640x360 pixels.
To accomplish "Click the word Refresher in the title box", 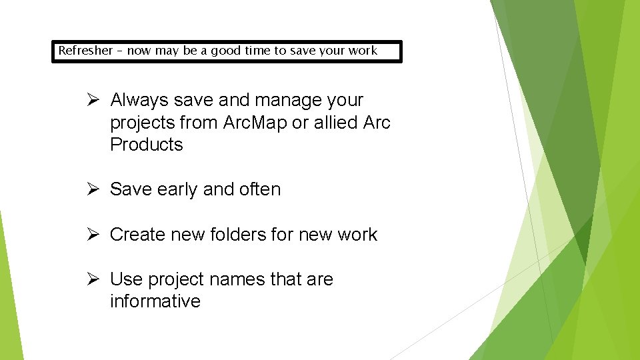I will [x=85, y=51].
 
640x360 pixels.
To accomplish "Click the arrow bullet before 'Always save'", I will [x=94, y=100].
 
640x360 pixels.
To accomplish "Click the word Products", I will [x=146, y=145].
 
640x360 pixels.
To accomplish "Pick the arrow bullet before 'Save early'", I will [x=94, y=189].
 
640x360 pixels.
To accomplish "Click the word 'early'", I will [x=177, y=190].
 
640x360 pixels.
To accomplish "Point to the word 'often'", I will [x=259, y=189].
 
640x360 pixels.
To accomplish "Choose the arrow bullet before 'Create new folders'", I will [x=94, y=235].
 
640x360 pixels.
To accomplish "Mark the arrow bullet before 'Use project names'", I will [x=94, y=279].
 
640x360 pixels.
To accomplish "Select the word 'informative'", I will [x=155, y=301].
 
